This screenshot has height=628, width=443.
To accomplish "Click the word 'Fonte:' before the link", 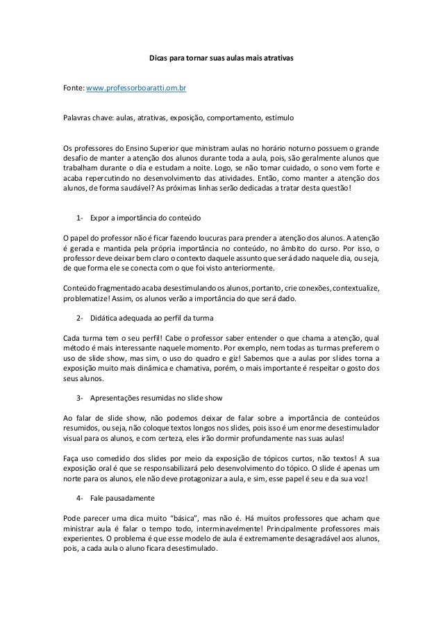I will (x=73, y=90).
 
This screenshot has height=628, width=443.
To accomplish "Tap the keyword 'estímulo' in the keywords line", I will (x=280, y=119).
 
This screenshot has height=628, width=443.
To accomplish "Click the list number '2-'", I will (x=81, y=319).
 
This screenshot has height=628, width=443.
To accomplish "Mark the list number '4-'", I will (x=81, y=498).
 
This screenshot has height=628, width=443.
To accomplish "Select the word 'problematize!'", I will (x=87, y=300).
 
